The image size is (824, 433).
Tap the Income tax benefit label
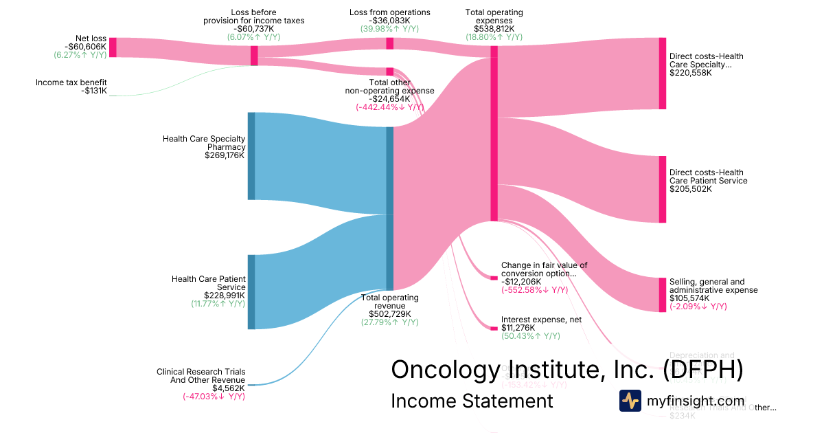[71, 82]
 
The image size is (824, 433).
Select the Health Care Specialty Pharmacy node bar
[251, 156]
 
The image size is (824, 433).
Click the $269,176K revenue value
[225, 155]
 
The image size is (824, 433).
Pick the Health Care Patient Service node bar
[251, 292]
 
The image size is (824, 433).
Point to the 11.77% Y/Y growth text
[218, 304]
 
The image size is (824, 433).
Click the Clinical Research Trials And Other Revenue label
[201, 376]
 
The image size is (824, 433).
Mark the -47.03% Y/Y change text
[214, 397]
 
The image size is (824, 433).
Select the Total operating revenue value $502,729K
[389, 313]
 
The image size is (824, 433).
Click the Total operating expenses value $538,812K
[494, 29]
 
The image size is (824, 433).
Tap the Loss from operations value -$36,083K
[389, 21]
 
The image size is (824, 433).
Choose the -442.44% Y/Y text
[389, 107]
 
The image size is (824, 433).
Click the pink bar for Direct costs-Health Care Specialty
[663, 74]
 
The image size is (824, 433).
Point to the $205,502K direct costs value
[691, 189]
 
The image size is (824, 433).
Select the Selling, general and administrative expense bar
[663, 295]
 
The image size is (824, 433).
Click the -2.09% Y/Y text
[698, 307]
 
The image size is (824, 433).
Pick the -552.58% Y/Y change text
[534, 290]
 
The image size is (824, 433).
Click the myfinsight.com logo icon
[630, 401]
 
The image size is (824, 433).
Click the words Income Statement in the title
[472, 401]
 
